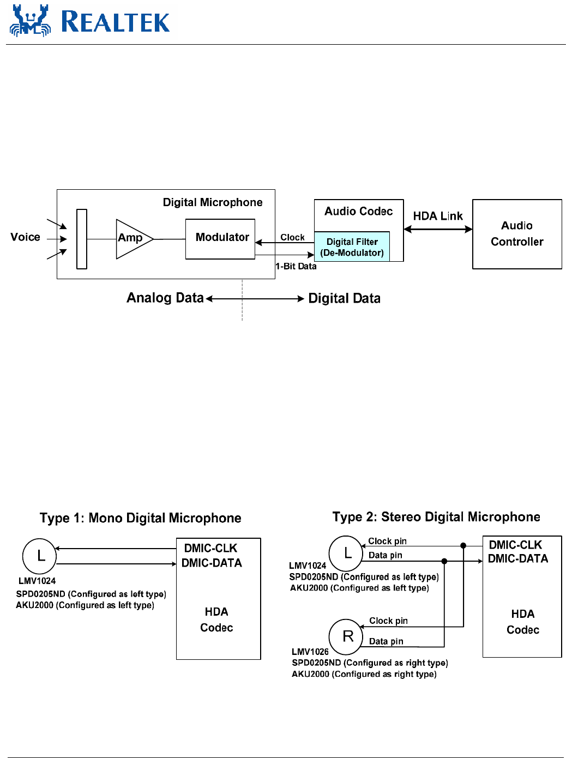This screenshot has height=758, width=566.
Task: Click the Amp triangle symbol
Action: pos(133,239)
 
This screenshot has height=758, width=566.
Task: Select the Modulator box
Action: pos(220,239)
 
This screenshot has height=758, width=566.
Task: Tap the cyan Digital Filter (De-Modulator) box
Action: pos(352,247)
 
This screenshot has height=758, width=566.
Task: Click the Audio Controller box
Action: pos(517,234)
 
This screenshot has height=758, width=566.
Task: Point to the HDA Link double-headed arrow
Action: pos(438,230)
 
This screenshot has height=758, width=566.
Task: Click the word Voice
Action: pos(25,237)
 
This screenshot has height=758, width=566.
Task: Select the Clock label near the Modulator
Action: pos(292,237)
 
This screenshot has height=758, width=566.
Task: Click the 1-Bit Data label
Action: pos(296,266)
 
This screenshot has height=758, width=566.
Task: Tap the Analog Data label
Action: pos(165,298)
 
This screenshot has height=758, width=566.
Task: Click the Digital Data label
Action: pos(344,298)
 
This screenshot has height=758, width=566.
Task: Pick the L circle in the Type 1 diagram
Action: pos(39,556)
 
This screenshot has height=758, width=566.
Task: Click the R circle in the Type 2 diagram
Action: pos(346,636)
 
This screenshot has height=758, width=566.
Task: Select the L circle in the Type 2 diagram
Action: pos(346,553)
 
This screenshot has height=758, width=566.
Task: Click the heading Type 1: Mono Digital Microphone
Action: pos(140,518)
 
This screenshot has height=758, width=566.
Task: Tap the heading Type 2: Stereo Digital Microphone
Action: pos(436,517)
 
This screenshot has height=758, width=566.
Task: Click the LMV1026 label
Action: pos(310,652)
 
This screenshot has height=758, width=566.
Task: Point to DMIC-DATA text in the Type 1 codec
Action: pos(212,563)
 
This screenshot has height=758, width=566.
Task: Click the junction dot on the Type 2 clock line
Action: pos(463,545)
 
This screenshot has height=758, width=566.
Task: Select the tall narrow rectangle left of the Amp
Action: pos(82,239)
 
